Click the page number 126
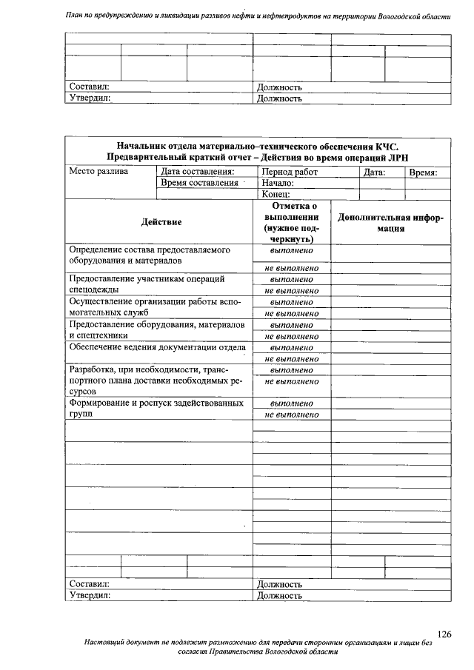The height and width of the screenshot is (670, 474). [x=444, y=634]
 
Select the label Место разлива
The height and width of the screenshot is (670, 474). [x=99, y=172]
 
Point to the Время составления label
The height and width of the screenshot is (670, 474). [x=199, y=183]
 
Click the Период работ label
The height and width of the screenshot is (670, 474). [x=290, y=172]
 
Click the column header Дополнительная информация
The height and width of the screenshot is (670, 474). [x=390, y=223]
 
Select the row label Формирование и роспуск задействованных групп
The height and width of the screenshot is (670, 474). [x=156, y=409]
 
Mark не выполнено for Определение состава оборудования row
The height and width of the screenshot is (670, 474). [x=291, y=267]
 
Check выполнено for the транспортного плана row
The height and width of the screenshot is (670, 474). [x=291, y=369]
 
